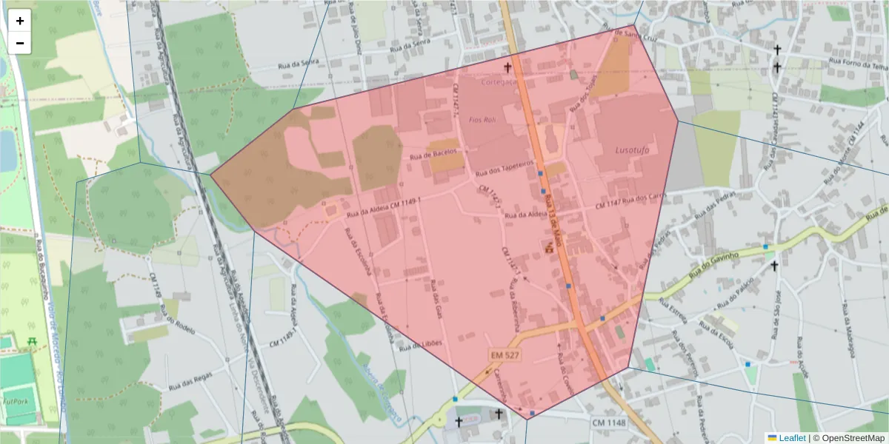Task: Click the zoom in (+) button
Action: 20,21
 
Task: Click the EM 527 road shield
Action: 504,356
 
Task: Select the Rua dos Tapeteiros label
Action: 505,167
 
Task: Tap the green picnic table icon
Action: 32,341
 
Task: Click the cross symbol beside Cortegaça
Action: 508,67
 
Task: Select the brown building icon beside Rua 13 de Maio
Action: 550,247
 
